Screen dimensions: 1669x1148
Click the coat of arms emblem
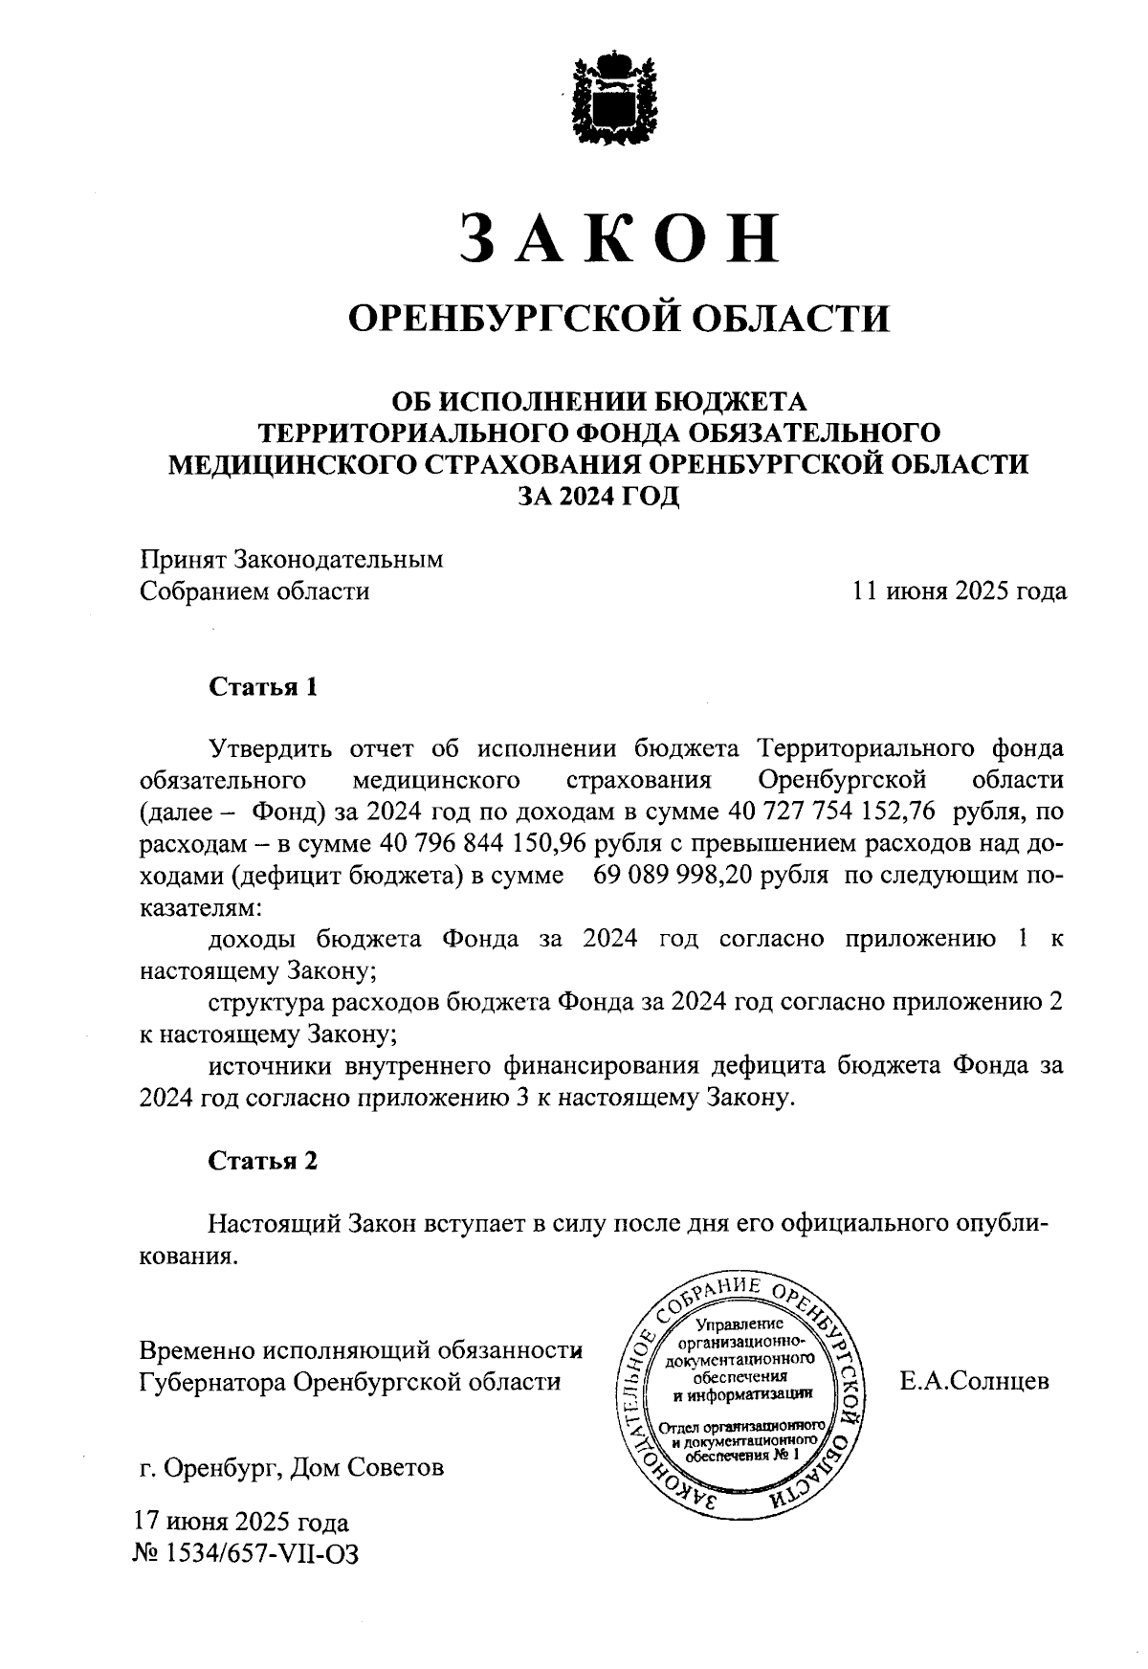(x=616, y=100)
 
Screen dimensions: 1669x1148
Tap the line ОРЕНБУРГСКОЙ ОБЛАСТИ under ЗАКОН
(x=618, y=317)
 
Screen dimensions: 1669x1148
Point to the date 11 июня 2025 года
(x=960, y=591)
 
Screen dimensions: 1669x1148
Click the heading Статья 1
(x=262, y=687)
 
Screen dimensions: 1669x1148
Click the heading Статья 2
(x=262, y=1161)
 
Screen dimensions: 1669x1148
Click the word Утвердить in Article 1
(x=271, y=748)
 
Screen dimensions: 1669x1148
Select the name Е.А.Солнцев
(x=974, y=1382)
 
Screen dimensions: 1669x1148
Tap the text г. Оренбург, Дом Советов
(x=292, y=1467)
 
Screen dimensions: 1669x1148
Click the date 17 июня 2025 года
(x=241, y=1522)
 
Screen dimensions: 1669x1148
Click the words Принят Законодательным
(x=292, y=559)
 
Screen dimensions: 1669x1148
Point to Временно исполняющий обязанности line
(x=362, y=1350)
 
